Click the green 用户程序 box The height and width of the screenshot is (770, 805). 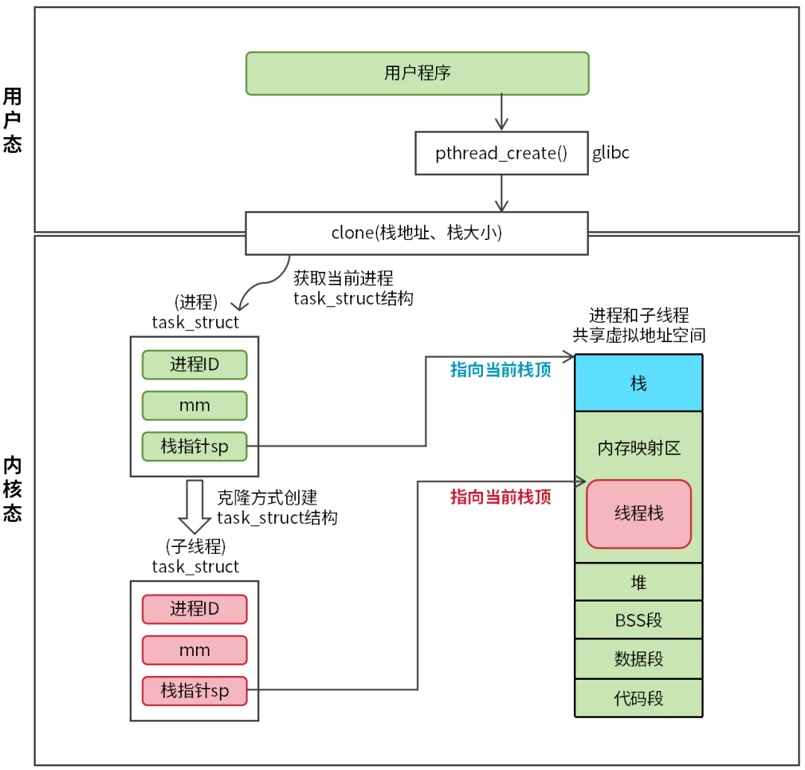click(417, 73)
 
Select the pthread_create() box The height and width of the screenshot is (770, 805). click(501, 154)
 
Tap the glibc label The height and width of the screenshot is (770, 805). click(610, 154)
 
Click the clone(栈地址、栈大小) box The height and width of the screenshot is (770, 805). click(417, 233)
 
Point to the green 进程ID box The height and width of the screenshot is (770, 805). click(195, 365)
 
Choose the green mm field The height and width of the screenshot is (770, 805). click(195, 405)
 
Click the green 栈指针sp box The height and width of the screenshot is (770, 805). click(195, 446)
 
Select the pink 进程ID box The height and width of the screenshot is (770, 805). click(195, 609)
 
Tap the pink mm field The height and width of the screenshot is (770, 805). click(195, 650)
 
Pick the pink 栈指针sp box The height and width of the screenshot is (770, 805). click(195, 690)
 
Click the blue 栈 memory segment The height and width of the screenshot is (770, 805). click(639, 383)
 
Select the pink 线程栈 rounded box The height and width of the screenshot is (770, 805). click(639, 514)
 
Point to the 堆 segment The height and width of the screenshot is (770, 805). click(639, 582)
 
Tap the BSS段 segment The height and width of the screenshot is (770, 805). click(639, 620)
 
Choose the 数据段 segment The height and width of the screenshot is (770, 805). click(639, 659)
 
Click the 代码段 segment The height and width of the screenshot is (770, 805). click(639, 698)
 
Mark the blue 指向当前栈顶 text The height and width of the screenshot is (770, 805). click(500, 370)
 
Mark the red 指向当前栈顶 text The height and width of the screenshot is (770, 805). click(500, 497)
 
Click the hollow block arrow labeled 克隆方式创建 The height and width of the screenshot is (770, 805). click(195, 506)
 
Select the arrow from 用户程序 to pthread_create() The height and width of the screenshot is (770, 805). click(502, 113)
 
